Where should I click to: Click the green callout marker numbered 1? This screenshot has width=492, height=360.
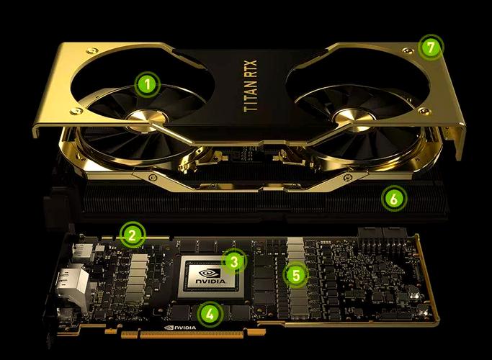147,85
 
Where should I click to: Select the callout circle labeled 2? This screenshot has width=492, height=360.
132,234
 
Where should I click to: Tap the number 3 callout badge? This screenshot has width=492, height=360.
233,261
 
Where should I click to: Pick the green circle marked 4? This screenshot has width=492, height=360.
210,313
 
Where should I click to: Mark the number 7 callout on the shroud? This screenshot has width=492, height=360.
430,48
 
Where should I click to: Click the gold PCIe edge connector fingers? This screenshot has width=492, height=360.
202,336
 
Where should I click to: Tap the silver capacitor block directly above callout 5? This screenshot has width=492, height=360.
295,249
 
